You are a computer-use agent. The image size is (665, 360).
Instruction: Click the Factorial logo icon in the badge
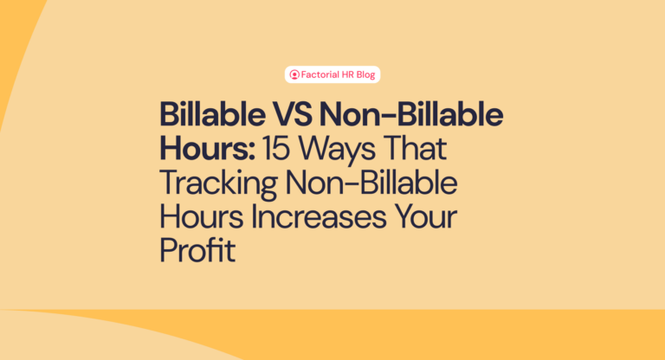(x=295, y=75)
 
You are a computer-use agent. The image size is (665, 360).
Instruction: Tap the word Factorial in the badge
(x=320, y=75)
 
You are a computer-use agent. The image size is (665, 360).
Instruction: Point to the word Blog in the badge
(x=367, y=75)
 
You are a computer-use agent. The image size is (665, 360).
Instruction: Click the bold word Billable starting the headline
(x=207, y=115)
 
